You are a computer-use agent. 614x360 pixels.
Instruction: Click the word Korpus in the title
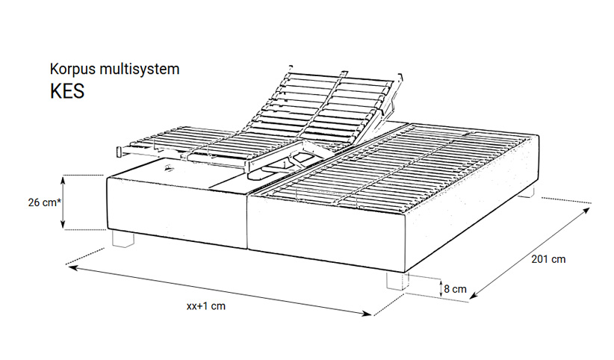click(72, 69)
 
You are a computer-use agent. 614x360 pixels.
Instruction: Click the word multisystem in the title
click(140, 69)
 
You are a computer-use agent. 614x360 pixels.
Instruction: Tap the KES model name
click(67, 91)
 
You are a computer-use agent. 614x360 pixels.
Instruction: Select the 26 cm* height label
click(45, 202)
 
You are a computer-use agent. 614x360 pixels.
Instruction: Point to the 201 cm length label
click(548, 259)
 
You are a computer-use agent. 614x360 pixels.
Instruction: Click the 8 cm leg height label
click(456, 289)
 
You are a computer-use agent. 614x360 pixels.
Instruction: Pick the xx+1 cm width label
click(206, 306)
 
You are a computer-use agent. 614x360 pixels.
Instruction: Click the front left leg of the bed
click(123, 238)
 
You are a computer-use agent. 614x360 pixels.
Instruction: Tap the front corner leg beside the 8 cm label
click(395, 281)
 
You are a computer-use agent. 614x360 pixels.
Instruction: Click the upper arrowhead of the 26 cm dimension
click(63, 179)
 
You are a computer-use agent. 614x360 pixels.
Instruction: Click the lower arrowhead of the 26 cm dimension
click(63, 225)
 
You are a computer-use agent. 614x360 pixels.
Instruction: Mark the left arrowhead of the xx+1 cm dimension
click(72, 267)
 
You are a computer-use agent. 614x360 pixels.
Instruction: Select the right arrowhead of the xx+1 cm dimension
click(368, 313)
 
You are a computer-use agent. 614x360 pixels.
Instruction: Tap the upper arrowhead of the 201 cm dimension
click(586, 211)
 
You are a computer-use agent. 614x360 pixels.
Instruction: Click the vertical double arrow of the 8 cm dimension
click(441, 289)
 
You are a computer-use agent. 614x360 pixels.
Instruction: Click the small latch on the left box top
click(168, 169)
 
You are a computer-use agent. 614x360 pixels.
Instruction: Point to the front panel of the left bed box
click(177, 213)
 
